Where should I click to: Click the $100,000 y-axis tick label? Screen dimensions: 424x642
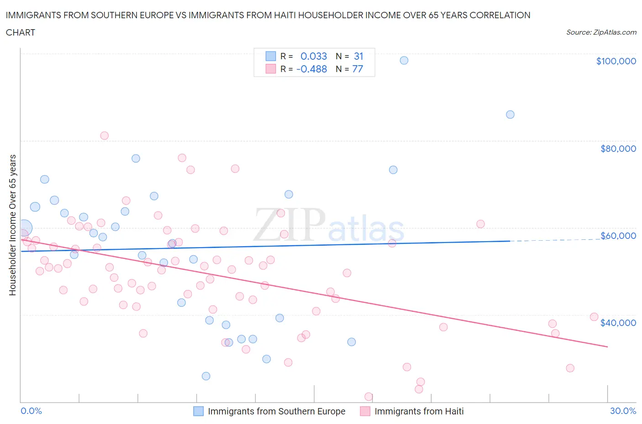616,61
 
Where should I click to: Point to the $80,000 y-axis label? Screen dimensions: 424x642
618,148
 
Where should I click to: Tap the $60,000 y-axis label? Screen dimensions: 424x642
618,235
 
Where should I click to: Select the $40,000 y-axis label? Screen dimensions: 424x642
618,322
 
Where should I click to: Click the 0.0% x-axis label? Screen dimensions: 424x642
31,411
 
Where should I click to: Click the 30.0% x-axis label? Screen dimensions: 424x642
623,411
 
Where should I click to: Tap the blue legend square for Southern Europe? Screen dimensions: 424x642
198,411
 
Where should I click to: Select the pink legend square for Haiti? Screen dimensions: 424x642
365,411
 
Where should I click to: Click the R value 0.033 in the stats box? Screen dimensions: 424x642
314,56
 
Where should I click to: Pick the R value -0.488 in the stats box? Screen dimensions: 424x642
311,69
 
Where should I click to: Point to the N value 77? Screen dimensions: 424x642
358,69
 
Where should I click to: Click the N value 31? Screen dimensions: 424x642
358,56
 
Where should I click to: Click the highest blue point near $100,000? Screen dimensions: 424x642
404,60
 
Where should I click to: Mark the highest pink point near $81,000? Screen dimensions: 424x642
104,135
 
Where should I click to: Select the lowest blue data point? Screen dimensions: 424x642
206,376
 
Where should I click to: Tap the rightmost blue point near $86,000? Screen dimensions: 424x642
510,114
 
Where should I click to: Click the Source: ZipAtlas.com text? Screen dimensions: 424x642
601,32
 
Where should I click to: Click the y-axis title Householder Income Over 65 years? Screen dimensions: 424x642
13,225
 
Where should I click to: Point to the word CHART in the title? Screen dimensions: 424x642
21,32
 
